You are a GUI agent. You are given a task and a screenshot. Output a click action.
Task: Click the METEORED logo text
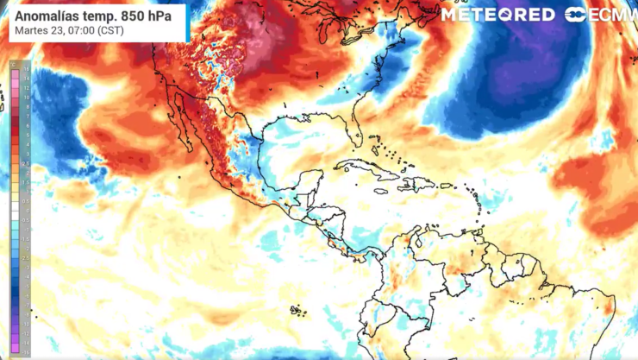pos(498,15)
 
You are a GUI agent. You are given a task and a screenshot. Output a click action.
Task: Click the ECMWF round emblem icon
pos(576,15)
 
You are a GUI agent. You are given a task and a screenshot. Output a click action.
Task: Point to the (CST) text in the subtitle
pos(109,31)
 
